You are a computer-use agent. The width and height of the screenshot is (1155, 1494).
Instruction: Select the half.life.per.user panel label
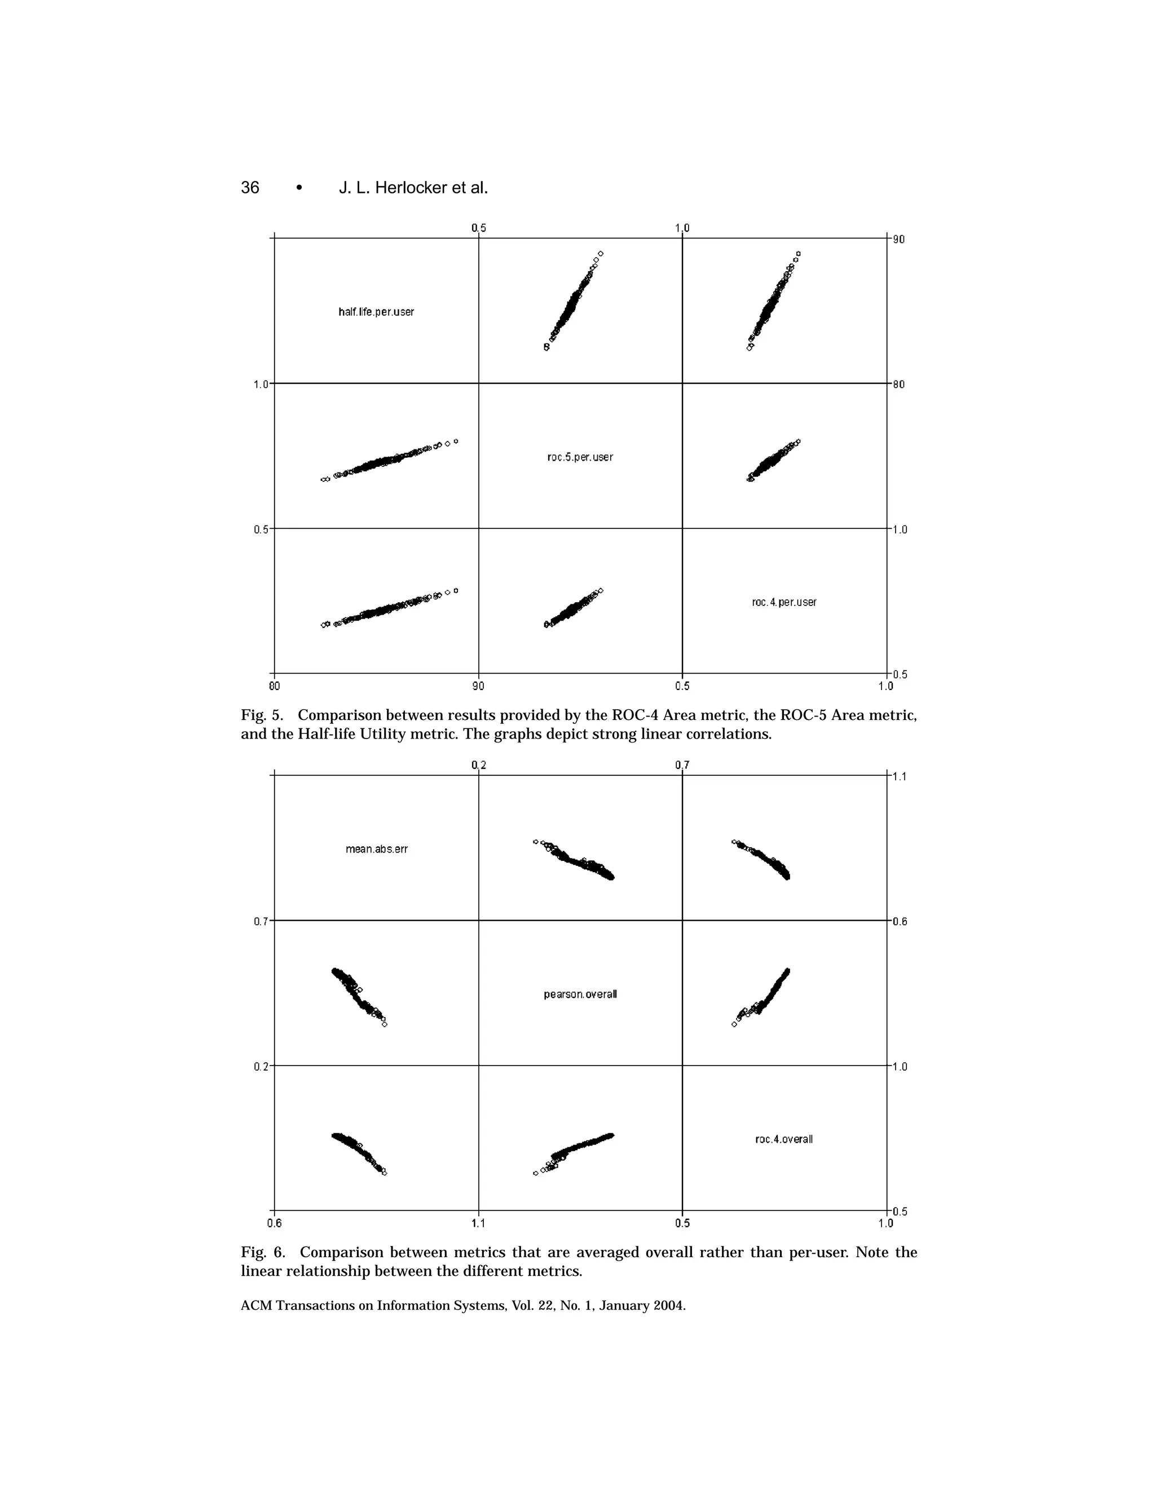[376, 312]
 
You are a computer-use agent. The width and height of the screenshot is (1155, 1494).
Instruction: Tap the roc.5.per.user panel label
[580, 457]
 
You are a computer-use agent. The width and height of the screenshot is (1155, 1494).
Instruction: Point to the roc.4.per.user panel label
[783, 602]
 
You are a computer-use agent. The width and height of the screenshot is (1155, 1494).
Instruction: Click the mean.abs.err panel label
[376, 849]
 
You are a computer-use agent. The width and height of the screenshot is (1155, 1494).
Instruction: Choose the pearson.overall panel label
[580, 994]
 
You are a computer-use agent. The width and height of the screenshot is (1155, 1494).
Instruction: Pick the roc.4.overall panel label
[784, 1139]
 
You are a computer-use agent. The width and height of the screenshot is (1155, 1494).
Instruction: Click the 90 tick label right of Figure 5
[898, 240]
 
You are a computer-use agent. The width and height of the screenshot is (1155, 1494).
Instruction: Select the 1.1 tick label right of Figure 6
[900, 776]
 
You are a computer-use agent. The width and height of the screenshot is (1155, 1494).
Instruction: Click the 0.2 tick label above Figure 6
[478, 765]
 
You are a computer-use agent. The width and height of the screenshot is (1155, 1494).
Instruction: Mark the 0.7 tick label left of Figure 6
[261, 921]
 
